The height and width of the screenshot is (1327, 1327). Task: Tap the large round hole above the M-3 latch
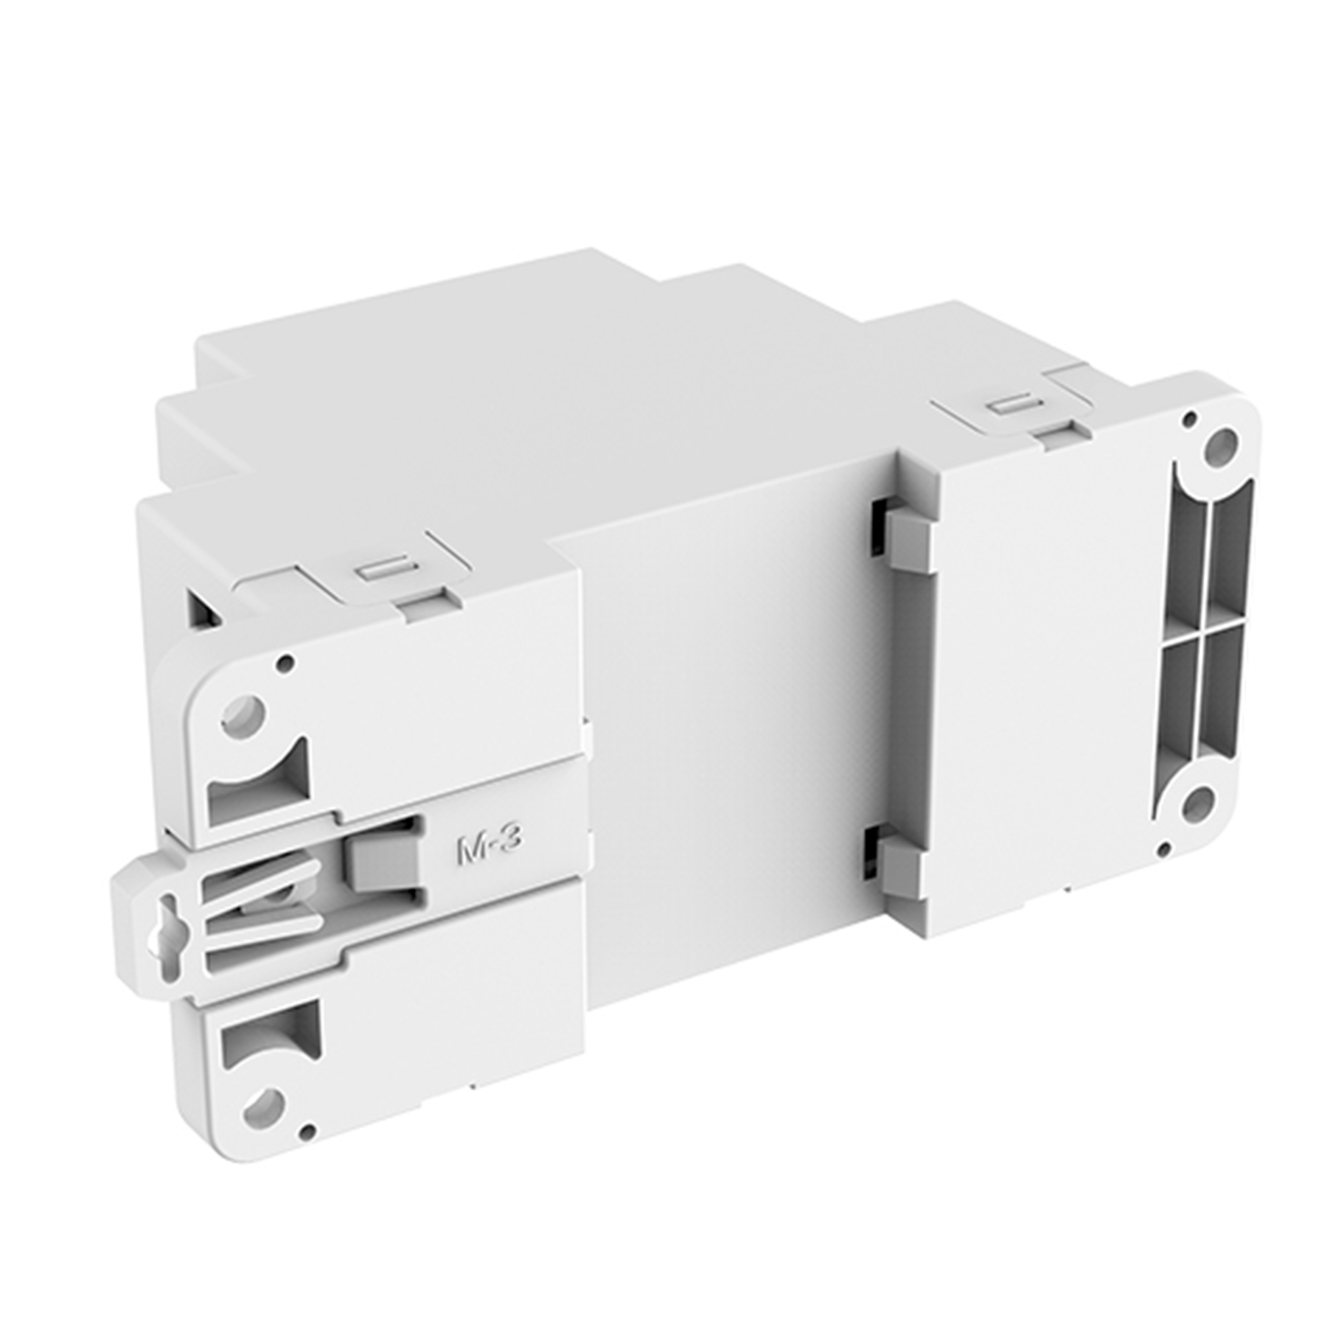coord(245,712)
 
